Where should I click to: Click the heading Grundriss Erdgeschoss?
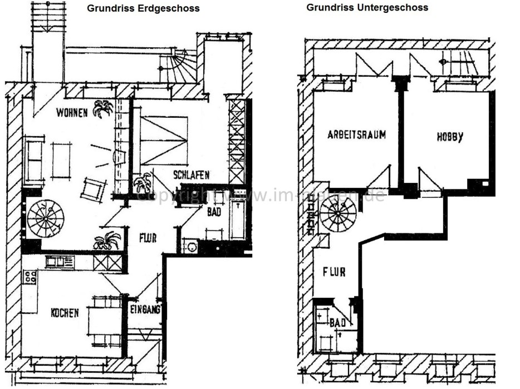click(143, 8)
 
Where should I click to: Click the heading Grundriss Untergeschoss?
click(367, 8)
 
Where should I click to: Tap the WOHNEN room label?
click(72, 113)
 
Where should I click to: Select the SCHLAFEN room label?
click(191, 174)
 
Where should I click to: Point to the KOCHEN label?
click(65, 313)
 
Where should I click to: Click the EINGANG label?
click(146, 310)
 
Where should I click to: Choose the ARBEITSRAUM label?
click(357, 134)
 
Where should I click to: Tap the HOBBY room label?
click(449, 137)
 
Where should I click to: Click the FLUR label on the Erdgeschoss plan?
click(148, 238)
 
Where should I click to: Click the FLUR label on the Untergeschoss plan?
click(333, 272)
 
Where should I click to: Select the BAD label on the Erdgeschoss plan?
click(214, 212)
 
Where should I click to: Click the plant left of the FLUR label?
click(107, 241)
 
